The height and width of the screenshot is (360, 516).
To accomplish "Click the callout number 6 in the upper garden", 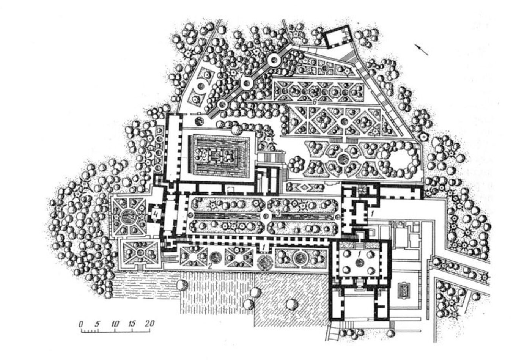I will coord(314,102).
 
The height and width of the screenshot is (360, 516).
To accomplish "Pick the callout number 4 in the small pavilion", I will coord(156,213).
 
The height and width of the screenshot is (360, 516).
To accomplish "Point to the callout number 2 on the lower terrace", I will coord(209,266).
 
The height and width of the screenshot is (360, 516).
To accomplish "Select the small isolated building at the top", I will coord(336,36).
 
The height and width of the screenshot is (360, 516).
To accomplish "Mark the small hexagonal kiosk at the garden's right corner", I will coord(422,137).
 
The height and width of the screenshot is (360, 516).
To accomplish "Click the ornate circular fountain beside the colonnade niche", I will coord(264,261).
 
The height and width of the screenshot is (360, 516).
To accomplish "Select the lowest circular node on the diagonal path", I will coord(222,104).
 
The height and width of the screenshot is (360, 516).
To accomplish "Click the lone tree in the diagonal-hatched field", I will coord(291,304).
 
